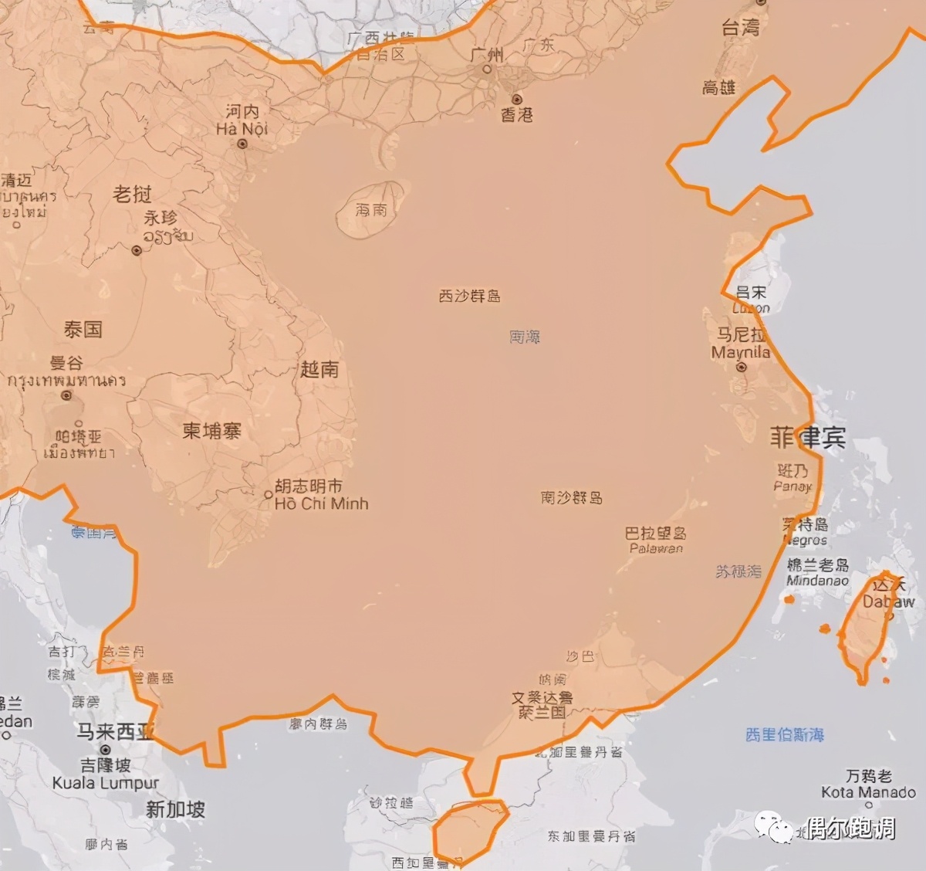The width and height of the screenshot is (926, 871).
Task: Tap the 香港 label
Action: click(x=517, y=114)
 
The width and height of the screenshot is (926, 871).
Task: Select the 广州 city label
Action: click(x=487, y=55)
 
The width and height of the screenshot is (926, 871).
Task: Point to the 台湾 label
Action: click(x=741, y=28)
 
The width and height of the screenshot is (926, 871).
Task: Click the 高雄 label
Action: click(x=719, y=87)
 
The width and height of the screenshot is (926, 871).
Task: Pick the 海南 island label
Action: click(x=371, y=209)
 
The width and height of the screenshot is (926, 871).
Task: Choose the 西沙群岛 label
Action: click(x=469, y=296)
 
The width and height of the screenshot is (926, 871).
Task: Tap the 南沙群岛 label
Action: click(x=571, y=498)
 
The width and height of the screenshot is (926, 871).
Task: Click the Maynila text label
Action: click(x=741, y=352)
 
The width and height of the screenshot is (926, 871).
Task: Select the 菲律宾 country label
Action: click(x=808, y=438)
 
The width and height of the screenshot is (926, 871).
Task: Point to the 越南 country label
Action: click(x=319, y=369)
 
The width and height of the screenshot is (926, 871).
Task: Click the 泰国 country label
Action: click(x=83, y=330)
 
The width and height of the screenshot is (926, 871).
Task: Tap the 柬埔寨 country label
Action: click(x=212, y=430)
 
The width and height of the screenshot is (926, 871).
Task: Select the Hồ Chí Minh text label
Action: click(x=322, y=503)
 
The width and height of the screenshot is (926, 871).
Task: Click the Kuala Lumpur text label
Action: click(x=106, y=783)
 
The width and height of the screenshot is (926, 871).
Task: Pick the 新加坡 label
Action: click(x=176, y=809)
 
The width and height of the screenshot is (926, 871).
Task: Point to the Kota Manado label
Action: click(x=868, y=792)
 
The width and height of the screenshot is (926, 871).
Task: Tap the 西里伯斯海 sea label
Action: click(x=785, y=734)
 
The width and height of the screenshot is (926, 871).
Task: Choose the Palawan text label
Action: click(x=656, y=549)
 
